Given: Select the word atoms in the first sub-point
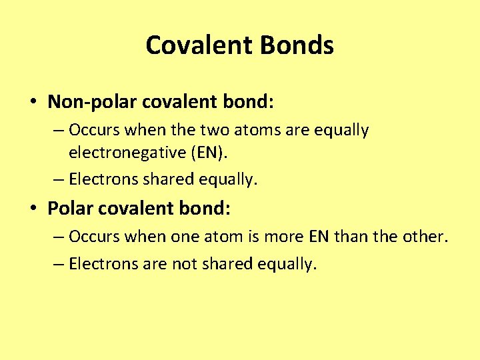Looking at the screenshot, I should click(x=250, y=130).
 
